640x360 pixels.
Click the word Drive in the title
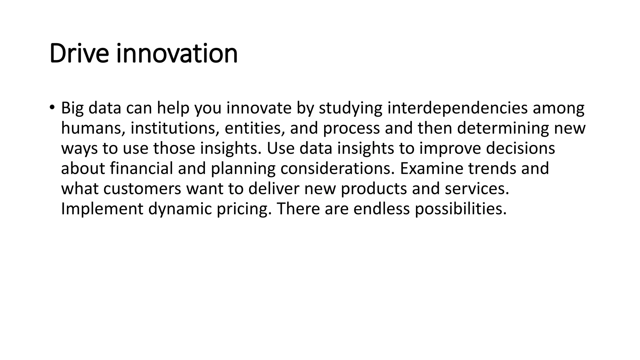(79, 54)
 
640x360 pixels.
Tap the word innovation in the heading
(177, 54)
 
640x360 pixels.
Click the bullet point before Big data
(52, 107)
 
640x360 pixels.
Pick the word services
(477, 189)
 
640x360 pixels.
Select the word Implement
(102, 209)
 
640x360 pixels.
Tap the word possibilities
(461, 209)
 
